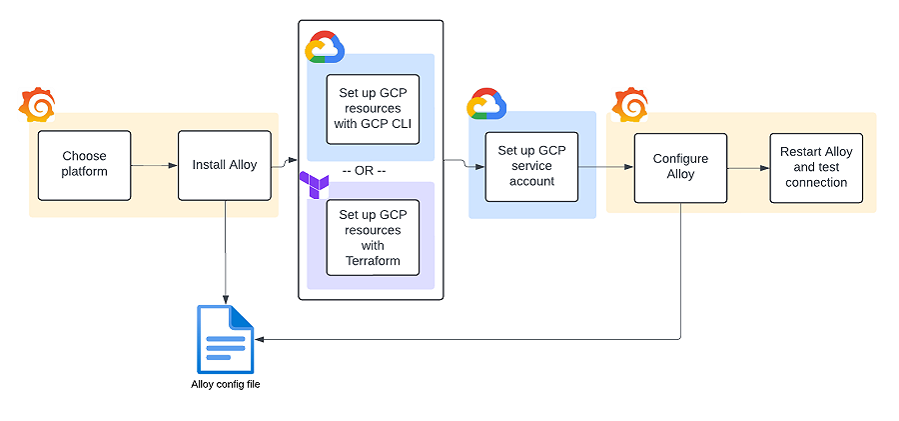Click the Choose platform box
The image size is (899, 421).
(x=84, y=164)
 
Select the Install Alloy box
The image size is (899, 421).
(x=225, y=164)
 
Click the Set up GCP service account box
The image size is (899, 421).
(x=531, y=166)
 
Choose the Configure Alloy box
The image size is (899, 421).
(x=680, y=166)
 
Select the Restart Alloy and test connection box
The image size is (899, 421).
(x=816, y=167)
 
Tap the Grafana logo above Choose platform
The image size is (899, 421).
(x=38, y=105)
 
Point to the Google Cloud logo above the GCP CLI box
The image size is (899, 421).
(x=325, y=47)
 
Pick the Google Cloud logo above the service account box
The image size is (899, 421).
(x=487, y=104)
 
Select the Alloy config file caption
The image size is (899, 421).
(x=226, y=384)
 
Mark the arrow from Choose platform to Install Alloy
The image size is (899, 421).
(x=154, y=165)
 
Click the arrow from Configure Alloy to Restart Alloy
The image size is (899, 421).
(x=747, y=168)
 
